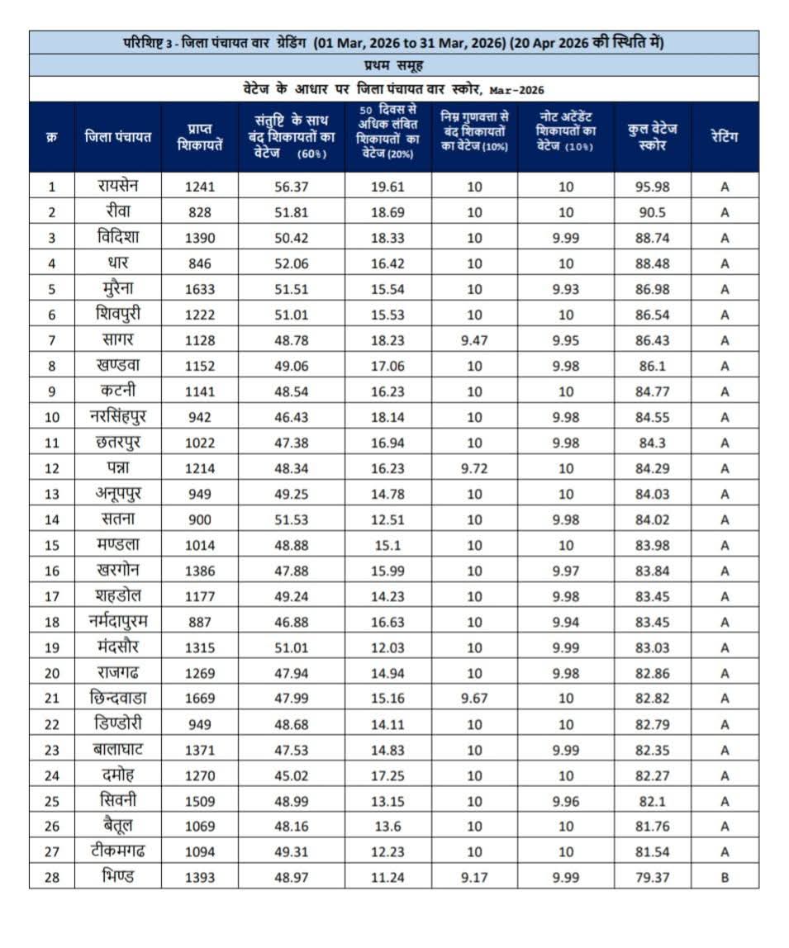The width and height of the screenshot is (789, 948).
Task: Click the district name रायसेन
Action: click(117, 186)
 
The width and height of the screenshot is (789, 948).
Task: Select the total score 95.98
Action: click(652, 187)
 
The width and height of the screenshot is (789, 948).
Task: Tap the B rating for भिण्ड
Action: click(724, 877)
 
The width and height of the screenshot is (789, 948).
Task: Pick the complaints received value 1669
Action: click(199, 698)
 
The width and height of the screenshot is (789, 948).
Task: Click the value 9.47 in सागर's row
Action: click(474, 340)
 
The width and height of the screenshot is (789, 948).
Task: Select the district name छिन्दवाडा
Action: click(117, 698)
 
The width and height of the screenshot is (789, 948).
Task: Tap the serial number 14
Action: click(51, 519)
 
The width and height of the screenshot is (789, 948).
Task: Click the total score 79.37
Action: click(652, 877)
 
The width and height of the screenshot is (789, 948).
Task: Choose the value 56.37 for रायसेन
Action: click(291, 187)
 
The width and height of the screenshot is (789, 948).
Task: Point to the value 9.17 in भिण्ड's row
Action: click(474, 877)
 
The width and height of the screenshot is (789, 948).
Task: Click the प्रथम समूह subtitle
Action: click(393, 65)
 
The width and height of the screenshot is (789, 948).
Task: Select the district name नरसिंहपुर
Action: click(117, 417)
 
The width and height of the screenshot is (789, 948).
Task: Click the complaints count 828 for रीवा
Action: click(199, 212)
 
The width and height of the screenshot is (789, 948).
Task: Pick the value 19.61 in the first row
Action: click(387, 187)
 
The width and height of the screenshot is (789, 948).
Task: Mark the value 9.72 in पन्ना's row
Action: click(474, 468)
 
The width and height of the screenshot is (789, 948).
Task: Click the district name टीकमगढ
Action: click(117, 851)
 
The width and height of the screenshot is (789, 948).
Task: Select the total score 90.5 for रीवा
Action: click(652, 212)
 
